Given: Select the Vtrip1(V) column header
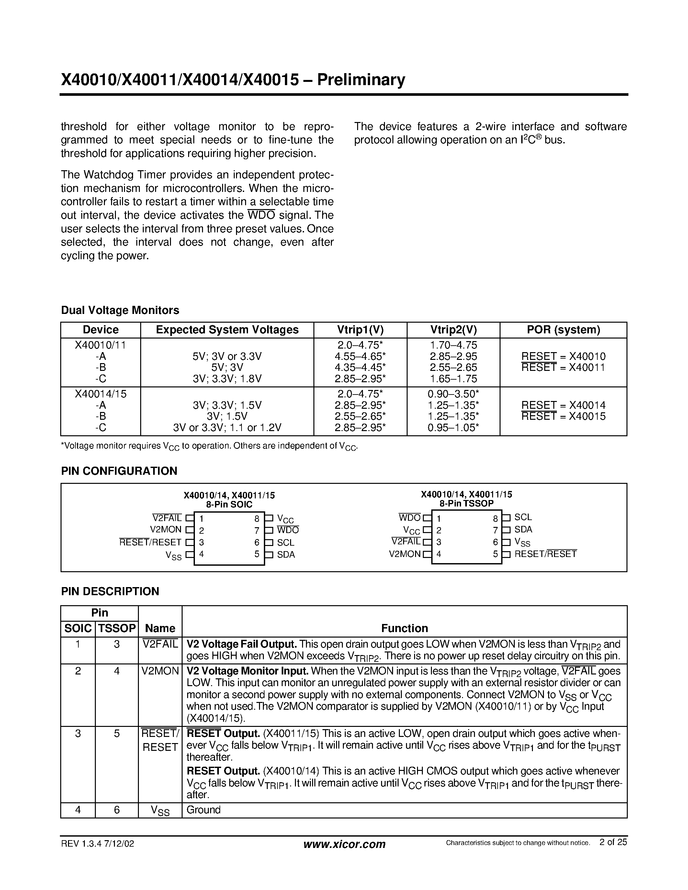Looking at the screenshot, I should (360, 330).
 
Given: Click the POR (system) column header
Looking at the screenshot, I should (563, 330).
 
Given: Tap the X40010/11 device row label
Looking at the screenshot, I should (100, 345).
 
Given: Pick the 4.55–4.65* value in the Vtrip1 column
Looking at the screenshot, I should (360, 357).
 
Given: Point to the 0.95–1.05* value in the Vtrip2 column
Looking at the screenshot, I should (453, 428).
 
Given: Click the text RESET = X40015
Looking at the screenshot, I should (563, 417).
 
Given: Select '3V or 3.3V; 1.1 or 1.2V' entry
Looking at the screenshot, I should (227, 428).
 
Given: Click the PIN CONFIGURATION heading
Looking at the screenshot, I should (119, 471).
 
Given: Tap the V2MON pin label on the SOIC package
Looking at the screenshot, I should (165, 529).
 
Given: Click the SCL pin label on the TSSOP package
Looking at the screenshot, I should (523, 517).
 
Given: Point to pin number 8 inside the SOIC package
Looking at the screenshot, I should (257, 519).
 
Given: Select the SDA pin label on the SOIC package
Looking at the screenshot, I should (286, 555).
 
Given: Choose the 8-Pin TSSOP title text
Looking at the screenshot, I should (466, 503).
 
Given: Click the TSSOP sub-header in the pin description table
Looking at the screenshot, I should (117, 629).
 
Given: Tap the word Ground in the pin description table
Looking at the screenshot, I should (203, 810).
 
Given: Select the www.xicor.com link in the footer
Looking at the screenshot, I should (344, 844).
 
